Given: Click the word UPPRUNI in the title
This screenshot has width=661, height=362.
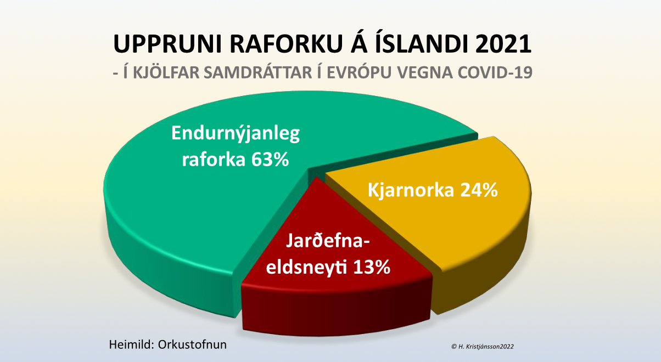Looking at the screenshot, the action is pos(167,44).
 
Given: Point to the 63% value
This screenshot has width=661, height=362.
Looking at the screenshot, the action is pos(270,160).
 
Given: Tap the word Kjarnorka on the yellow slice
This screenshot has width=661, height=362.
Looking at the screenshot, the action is pos(411,190).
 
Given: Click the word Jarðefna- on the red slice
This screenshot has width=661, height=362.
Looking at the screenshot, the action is pos(328,241).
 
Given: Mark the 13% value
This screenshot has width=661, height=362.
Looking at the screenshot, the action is pos(372,267).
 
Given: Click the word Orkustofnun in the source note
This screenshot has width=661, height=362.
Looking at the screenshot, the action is pos(192,344).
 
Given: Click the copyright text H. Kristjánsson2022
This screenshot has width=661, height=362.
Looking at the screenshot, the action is pos(486,347).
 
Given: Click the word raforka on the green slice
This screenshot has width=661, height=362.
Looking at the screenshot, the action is pos(214,160).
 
